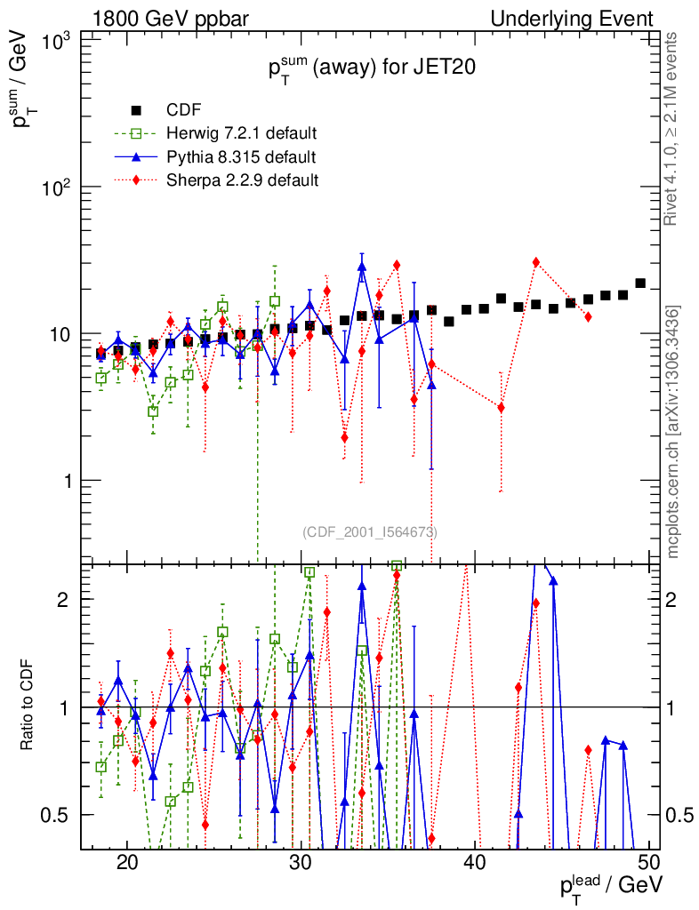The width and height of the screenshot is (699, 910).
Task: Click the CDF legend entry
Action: tap(183, 110)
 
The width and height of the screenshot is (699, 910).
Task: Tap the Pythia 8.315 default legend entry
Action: tap(241, 157)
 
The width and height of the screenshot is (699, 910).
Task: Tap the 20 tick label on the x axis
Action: tap(127, 863)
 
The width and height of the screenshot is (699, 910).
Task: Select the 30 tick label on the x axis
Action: tap(301, 863)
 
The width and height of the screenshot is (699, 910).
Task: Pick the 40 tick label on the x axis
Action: tap(475, 863)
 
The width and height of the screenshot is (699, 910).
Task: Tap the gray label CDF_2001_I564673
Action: tap(370, 531)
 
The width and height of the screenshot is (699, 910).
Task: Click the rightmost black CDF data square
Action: tap(640, 283)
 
